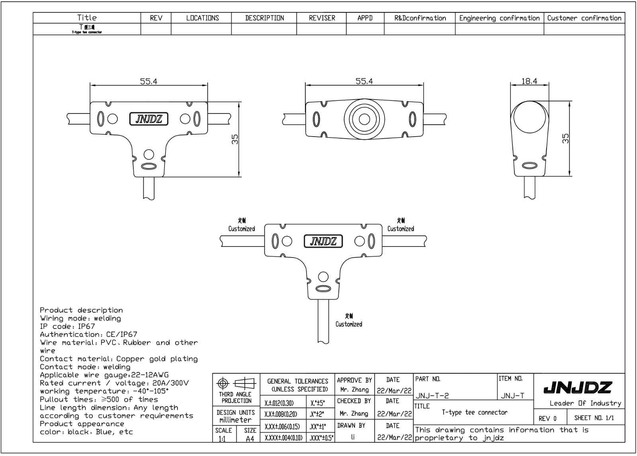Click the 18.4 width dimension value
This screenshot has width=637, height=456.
point(529,81)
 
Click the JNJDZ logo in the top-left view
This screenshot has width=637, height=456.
point(149,119)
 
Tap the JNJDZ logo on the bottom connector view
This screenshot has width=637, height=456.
point(323,241)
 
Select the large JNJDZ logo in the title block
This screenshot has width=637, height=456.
point(578,387)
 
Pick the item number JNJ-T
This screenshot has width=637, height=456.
point(512,395)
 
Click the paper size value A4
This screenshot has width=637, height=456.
point(250,439)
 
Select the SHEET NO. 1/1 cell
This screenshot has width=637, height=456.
point(594,418)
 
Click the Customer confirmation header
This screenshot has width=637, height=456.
point(584,18)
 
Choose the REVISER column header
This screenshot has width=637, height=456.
point(322,18)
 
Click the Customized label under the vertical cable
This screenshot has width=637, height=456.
point(349,324)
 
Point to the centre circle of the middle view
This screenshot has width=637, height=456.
point(364,119)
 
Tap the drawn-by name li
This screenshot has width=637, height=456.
point(353,437)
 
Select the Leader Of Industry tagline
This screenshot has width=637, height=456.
point(585,403)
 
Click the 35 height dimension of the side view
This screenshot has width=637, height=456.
point(566,138)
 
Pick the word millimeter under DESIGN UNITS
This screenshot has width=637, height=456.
point(235,420)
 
